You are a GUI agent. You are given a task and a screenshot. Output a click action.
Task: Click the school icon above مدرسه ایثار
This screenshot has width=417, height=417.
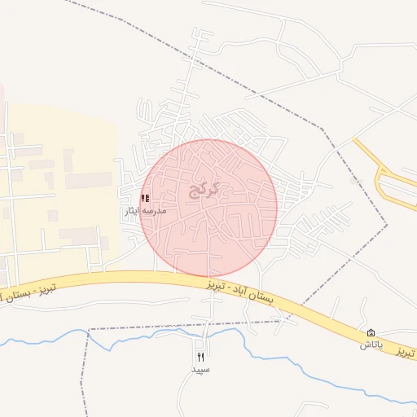[145, 198]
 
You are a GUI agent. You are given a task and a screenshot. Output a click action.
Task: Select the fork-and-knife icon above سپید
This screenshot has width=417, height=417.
[200, 356]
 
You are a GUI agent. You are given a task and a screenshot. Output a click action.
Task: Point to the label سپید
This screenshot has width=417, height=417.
[200, 369]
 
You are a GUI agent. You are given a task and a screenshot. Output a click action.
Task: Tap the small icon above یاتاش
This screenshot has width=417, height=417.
[371, 333]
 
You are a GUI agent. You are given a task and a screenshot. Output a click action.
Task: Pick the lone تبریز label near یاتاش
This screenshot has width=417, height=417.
[406, 353]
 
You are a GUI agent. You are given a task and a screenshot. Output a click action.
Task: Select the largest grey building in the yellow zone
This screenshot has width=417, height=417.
[88, 180]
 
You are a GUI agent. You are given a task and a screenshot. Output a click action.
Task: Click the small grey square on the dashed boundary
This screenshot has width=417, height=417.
[354, 180]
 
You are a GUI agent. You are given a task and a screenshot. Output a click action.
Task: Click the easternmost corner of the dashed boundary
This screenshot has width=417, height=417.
[387, 225]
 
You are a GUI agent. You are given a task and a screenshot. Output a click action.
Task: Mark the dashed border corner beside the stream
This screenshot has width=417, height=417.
[87, 330]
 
